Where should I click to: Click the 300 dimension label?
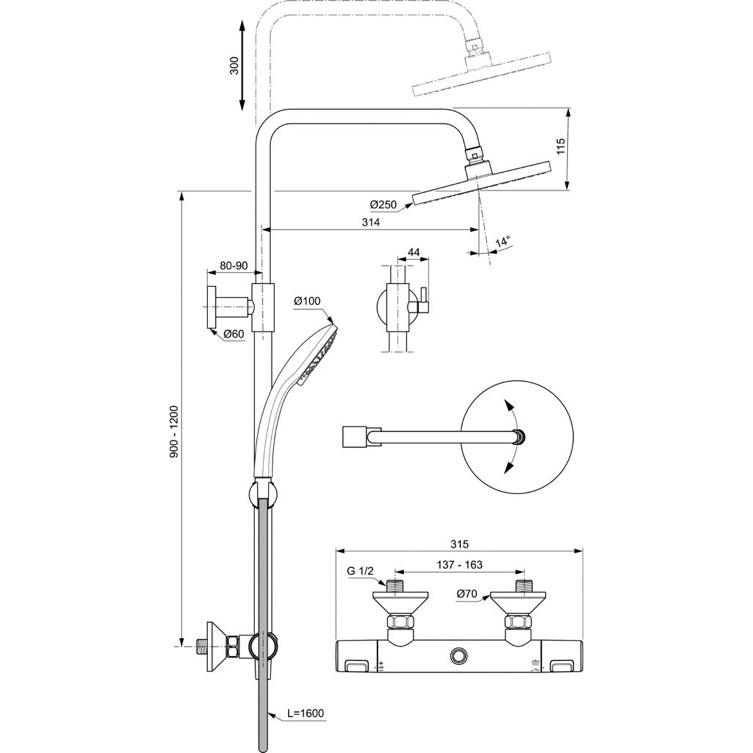pos(235,66)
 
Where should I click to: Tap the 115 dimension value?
pos(561,146)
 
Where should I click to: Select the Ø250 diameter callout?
pos(383,204)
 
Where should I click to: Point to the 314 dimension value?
pos(371,222)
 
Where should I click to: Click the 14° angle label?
pos(502,241)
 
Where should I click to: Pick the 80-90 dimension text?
pos(233,265)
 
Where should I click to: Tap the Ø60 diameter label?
pos(234,333)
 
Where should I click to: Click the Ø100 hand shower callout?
pos(307,301)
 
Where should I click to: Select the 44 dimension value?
pos(414,252)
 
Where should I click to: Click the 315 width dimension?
pos(459,544)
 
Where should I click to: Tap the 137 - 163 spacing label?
pos(459,565)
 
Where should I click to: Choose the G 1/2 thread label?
pos(360,571)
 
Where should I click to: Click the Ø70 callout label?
pos(467,594)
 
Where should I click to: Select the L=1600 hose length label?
pos(306,714)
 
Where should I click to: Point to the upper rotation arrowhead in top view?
pos(507,404)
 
